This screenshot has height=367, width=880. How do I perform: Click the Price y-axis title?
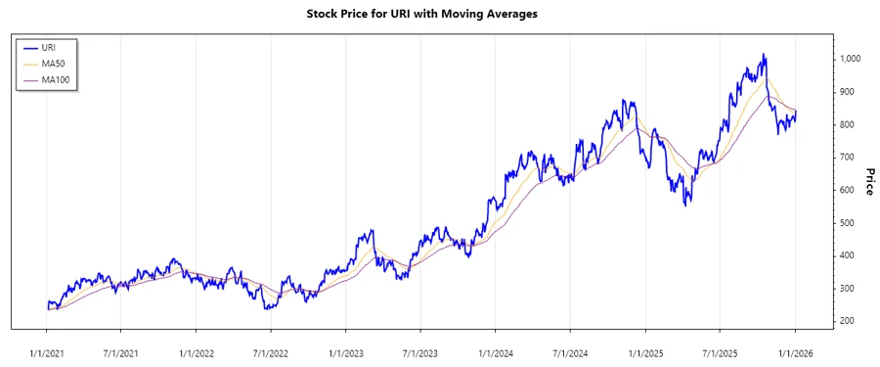867,180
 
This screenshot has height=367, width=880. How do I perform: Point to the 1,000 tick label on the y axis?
849,59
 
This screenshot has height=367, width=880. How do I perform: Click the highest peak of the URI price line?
764,55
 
